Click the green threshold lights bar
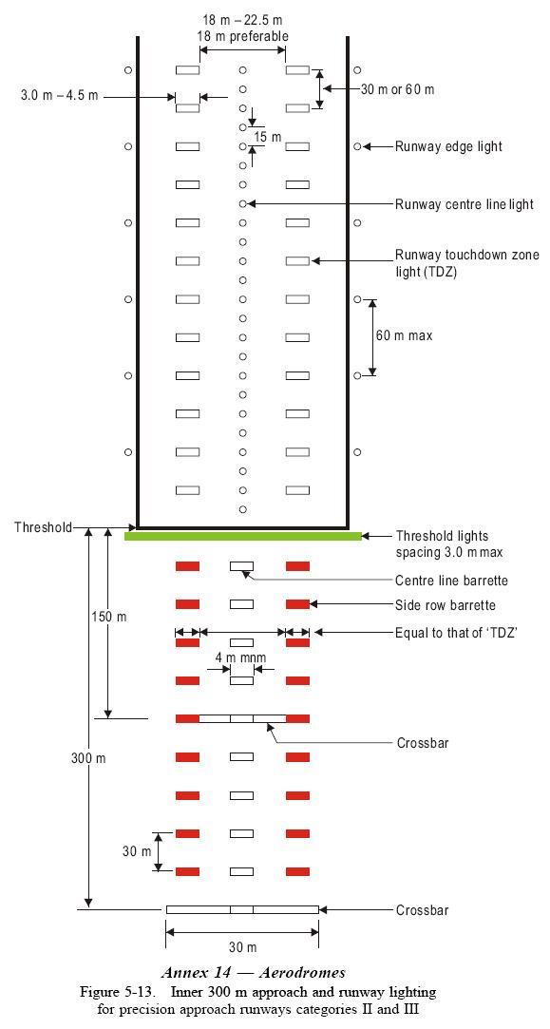pos(242,536)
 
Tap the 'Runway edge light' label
pos(448,147)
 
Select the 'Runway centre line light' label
pos(464,204)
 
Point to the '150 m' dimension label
pos(108,617)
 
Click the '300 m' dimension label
pos(88,757)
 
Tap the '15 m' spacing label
pos(267,137)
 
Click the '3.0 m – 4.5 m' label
pos(60,97)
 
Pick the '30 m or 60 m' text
pos(397,89)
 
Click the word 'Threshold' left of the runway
pos(43,526)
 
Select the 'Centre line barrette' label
pos(451,581)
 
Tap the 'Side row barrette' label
pos(445,605)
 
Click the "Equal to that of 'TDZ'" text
pos(456,633)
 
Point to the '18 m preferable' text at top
pos(243,36)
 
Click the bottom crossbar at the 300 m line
pos(242,909)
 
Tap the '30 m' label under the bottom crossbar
pos(243,947)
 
